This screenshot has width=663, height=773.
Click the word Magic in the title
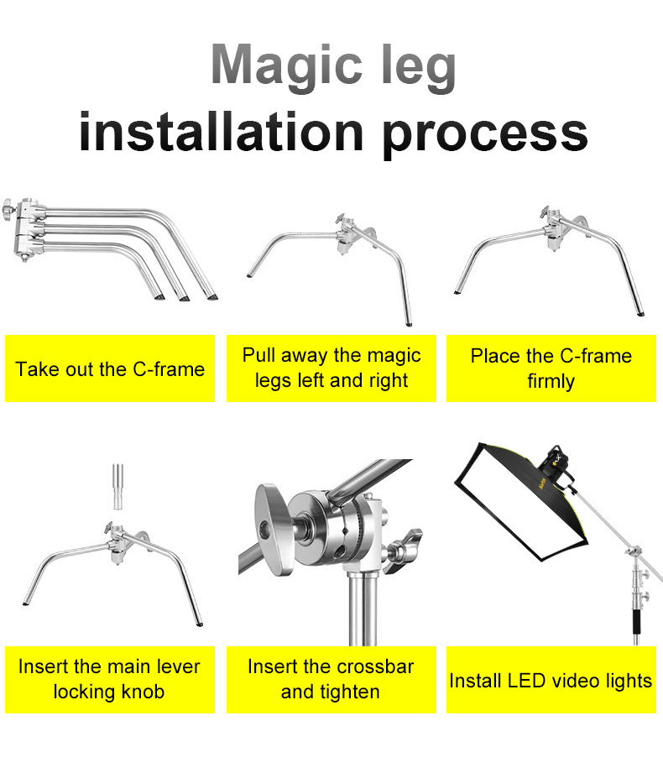point(286,65)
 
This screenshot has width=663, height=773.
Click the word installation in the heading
point(222,131)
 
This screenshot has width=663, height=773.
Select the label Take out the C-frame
point(110,368)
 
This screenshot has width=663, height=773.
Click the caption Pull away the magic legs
point(331,368)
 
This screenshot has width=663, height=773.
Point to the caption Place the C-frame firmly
point(551,368)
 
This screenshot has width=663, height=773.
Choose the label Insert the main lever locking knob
point(109,679)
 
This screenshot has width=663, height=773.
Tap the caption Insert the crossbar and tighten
point(331,679)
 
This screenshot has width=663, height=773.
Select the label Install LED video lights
point(551,681)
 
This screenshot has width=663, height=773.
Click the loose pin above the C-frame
point(117,487)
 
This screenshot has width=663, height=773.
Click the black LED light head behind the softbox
point(555,465)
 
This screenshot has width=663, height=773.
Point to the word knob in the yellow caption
point(143,692)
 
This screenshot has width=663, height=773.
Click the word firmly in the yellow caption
point(551,381)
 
